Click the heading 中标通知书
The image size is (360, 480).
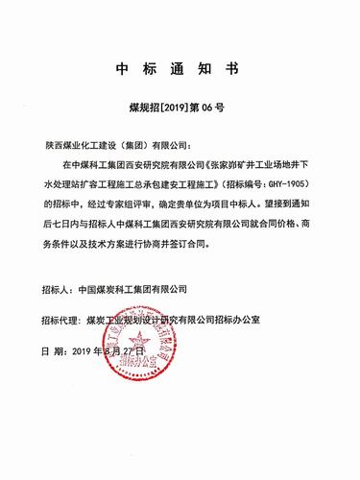point(180,70)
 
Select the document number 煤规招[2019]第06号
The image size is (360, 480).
point(180,109)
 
